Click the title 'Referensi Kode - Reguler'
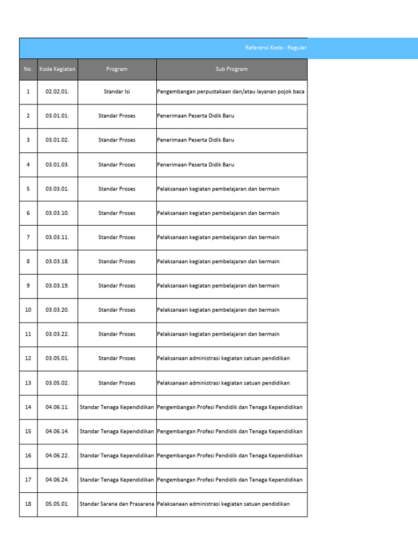coord(276,48)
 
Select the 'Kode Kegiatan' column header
coord(57,69)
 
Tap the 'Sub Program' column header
coord(231,69)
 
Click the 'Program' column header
coord(117,69)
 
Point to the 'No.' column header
coord(28,69)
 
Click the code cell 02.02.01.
coord(57,91)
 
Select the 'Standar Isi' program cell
coord(117,91)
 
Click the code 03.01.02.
coord(57,140)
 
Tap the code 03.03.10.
coord(57,213)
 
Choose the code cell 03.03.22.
coord(57,334)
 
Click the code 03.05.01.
coord(57,358)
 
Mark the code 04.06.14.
coord(57,431)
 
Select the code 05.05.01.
coord(57,504)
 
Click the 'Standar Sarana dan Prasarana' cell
coord(117,504)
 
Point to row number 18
coord(28,504)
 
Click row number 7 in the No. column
coord(28,237)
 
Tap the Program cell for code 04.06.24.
coord(117,479)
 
